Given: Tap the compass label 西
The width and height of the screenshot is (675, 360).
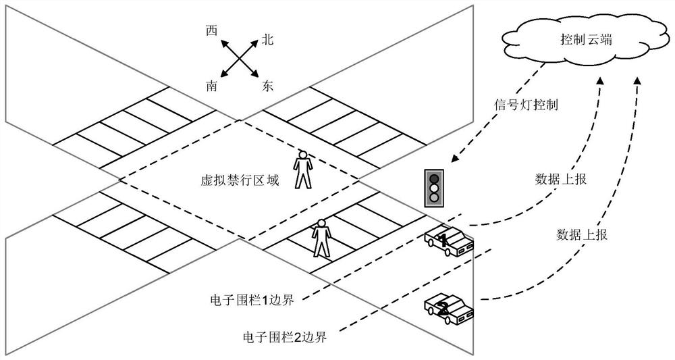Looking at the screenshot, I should (x=212, y=30).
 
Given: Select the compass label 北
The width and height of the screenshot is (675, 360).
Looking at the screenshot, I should (x=267, y=41).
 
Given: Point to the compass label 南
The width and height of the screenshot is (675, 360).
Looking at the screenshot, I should (x=212, y=86).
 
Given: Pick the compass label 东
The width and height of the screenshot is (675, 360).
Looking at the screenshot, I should (x=267, y=86).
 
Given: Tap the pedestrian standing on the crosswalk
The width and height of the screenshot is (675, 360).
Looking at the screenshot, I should (x=321, y=238).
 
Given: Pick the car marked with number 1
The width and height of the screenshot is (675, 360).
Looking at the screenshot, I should (x=448, y=240).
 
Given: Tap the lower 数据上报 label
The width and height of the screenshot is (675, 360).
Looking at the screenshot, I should (x=582, y=234).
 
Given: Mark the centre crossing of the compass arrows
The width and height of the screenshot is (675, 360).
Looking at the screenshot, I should (x=240, y=59).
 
